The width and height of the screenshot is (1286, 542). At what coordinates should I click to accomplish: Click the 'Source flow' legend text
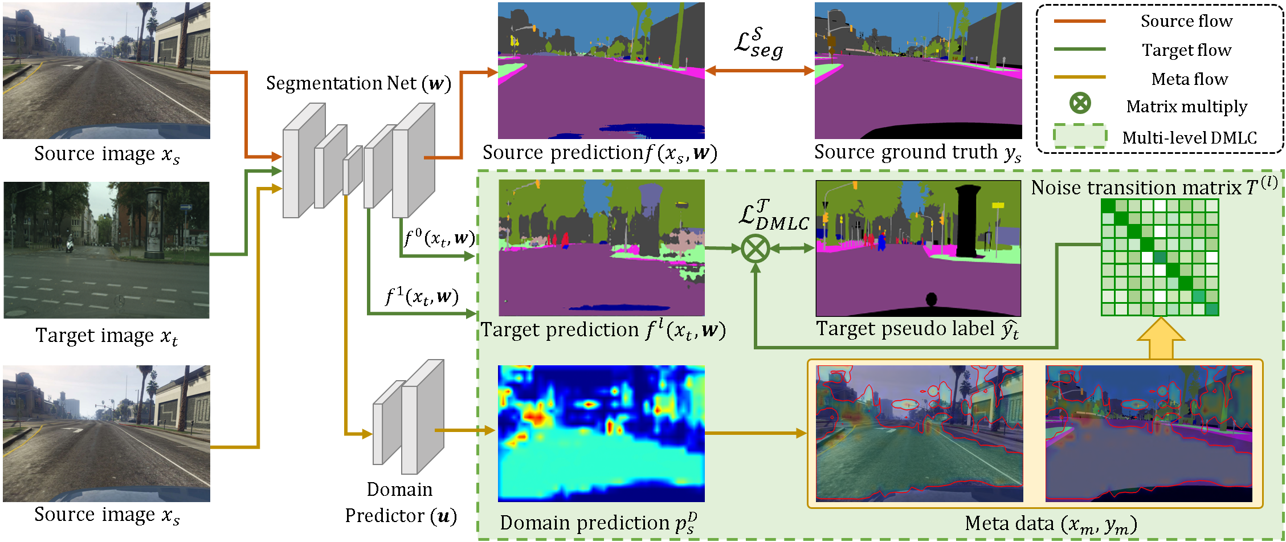coord(1186,21)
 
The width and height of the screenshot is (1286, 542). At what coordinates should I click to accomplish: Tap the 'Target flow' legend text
coord(1186,50)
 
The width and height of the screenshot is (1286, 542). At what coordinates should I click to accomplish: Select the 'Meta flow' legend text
coord(1189,79)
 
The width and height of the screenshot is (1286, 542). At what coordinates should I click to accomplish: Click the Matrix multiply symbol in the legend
coord(1080,103)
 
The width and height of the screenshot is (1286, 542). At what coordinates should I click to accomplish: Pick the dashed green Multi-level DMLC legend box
coord(1080,137)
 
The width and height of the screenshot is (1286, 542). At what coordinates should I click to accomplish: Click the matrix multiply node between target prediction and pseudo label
coord(756,248)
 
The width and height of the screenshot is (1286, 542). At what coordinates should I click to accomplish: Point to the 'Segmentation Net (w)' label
coord(358,83)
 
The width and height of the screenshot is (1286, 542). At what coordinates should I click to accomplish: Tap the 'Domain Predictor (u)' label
coord(400,502)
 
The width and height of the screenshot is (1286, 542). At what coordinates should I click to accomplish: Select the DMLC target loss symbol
coord(773,215)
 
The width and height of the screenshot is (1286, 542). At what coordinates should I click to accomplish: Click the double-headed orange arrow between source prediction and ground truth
coord(760,71)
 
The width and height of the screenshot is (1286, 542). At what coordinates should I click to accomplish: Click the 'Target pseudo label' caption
coord(917,329)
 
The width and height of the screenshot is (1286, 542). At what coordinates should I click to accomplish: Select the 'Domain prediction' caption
coord(598,523)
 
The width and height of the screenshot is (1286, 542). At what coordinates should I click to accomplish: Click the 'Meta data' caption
coord(1051,524)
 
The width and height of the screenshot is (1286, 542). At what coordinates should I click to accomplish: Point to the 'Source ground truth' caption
coord(917,152)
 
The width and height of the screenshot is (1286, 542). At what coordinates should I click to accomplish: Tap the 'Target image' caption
coord(107,336)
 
